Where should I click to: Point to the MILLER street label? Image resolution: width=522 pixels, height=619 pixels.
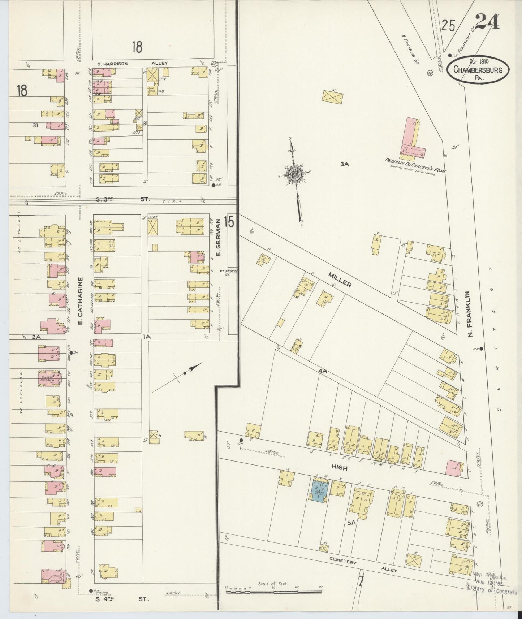tap(340, 279)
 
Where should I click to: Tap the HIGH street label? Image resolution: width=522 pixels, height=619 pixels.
tap(339, 468)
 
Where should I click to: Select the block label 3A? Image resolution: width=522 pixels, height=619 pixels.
tap(345, 164)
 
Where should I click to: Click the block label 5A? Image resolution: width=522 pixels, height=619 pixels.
tap(351, 522)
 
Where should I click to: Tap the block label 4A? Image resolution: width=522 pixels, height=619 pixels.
tap(323, 371)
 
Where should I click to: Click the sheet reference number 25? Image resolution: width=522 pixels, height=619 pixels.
tap(448, 25)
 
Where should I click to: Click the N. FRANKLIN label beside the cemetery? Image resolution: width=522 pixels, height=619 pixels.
tap(470, 314)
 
